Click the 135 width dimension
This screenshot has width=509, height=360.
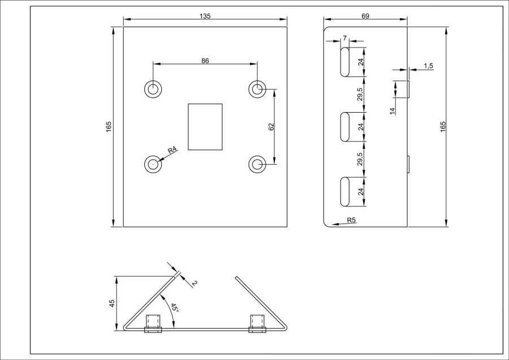[x=205, y=16]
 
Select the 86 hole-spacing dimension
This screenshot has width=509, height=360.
[x=205, y=61]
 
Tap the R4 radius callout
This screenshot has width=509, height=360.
[x=172, y=149]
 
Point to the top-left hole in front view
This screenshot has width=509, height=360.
[x=153, y=89]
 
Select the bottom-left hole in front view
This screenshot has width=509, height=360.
[x=153, y=164]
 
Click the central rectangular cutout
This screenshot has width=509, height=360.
[x=205, y=127]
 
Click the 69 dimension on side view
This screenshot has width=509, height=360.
[x=365, y=16]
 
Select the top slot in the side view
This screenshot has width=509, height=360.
[x=344, y=62]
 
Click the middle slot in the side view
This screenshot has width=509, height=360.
[x=344, y=127]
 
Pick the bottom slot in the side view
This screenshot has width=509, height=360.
[x=344, y=191]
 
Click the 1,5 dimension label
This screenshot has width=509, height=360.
[x=428, y=66]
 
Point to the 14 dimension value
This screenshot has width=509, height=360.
[x=392, y=110]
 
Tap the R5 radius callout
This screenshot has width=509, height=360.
[x=351, y=220]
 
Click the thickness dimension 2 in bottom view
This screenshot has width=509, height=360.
[x=193, y=282]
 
